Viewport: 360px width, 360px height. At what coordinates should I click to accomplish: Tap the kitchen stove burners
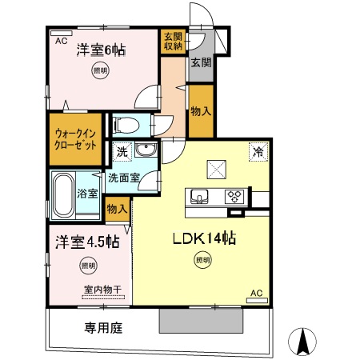[236, 194]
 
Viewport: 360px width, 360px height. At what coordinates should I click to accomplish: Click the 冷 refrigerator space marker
[258, 150]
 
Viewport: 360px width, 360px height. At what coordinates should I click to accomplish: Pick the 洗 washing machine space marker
[120, 151]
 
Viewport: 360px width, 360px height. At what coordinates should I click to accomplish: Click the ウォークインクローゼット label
[77, 139]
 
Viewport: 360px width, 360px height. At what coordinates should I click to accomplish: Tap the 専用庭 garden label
[102, 326]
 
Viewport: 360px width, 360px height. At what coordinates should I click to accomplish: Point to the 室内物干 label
[103, 290]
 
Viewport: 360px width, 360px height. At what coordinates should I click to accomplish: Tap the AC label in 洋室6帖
[60, 38]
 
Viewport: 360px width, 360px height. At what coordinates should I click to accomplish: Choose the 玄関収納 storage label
[172, 40]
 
